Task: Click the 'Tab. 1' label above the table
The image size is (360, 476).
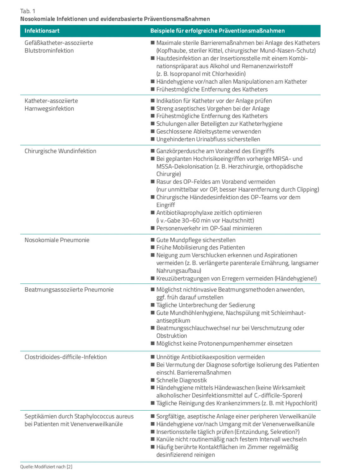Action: click(27, 11)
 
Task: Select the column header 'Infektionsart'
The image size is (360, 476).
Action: click(42, 31)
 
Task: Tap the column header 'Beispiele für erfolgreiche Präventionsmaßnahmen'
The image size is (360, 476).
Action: click(217, 31)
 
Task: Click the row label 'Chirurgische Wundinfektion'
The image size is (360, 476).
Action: click(60, 151)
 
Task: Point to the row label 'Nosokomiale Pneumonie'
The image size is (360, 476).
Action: click(57, 240)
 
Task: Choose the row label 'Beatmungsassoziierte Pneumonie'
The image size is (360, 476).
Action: click(69, 290)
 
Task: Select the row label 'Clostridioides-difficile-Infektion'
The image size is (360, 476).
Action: click(66, 357)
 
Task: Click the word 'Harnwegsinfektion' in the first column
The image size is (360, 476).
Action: click(49, 109)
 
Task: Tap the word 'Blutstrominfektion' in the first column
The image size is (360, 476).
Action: click(49, 51)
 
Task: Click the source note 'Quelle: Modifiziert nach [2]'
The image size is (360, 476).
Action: click(46, 467)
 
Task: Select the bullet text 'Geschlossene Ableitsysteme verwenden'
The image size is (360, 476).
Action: click(208, 132)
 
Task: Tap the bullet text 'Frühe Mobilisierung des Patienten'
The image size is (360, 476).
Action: click(200, 247)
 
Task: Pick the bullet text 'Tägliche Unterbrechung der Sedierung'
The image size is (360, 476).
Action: click(205, 305)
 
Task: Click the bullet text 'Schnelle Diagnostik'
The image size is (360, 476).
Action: click(181, 380)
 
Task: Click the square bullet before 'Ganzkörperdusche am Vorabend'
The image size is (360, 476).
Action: click(153, 151)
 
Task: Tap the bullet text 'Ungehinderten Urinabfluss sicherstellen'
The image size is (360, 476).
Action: click(208, 139)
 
